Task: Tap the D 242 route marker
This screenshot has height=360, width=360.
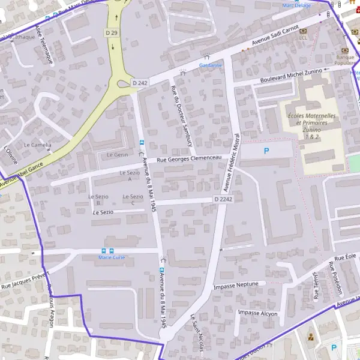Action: tap(140, 82)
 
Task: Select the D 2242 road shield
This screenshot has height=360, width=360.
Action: tap(223, 199)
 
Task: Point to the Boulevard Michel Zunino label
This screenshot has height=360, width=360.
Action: tap(291, 76)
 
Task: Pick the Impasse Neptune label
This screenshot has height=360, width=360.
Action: tap(239, 284)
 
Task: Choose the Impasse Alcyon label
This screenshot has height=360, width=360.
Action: tap(257, 313)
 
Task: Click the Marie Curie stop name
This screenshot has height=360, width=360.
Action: tap(111, 257)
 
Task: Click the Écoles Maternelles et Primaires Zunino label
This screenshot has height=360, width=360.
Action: tap(312, 126)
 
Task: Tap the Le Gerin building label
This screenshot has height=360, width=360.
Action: tap(118, 155)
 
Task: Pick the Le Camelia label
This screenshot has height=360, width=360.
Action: tap(37, 145)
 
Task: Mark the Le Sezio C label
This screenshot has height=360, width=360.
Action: tap(133, 200)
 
